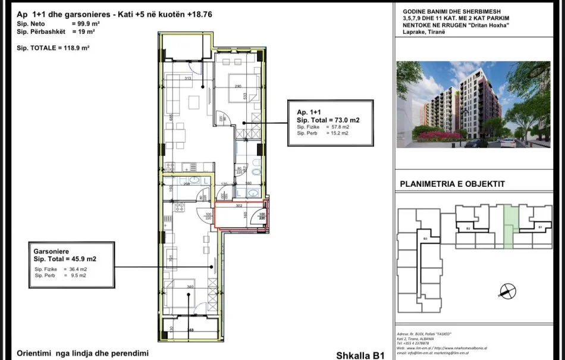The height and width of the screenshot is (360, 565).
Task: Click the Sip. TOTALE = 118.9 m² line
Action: pos(52,48)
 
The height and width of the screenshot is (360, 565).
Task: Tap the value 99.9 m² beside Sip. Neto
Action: pos(85,23)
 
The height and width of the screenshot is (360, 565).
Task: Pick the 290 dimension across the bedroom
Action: pos(237,87)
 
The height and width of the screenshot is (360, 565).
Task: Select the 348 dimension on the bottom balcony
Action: pos(190,330)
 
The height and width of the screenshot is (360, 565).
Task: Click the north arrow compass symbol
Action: pos(507,291)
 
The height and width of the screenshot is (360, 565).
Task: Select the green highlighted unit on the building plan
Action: pos(507,227)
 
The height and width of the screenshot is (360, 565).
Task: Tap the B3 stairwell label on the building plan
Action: pos(425,239)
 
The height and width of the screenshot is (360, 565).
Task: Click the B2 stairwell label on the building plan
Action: pos(468,228)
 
